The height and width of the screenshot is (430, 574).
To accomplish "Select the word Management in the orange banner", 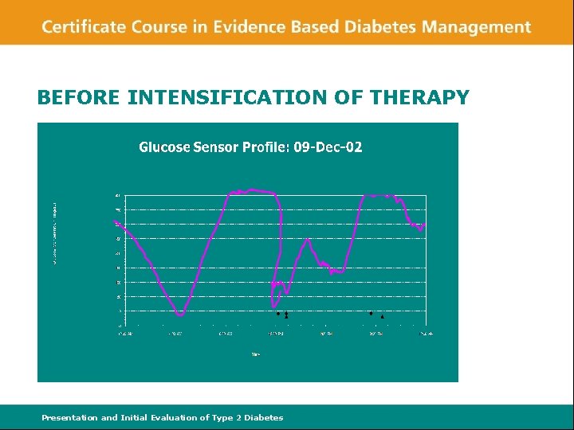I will [x=476, y=26].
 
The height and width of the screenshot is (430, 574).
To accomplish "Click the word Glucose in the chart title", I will [x=165, y=147].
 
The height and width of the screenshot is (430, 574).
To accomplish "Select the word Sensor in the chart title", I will [x=216, y=147].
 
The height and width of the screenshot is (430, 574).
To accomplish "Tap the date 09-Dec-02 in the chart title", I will [x=328, y=147].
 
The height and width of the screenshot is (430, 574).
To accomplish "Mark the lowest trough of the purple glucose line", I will [x=180, y=315].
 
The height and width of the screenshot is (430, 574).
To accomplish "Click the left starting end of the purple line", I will [x=116, y=221].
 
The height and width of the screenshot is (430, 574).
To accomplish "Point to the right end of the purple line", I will [x=424, y=225].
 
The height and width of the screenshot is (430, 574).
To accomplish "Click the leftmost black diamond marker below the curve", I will [x=277, y=313].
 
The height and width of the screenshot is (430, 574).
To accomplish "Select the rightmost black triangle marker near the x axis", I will [x=382, y=317].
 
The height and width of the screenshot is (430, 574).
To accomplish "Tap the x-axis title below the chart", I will [x=255, y=354].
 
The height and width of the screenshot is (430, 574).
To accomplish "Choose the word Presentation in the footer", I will [x=69, y=417].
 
